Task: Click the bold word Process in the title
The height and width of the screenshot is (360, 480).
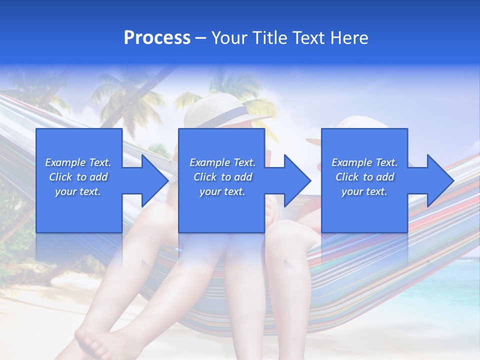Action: pyautogui.click(x=157, y=38)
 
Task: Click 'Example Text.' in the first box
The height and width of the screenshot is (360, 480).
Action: pyautogui.click(x=78, y=162)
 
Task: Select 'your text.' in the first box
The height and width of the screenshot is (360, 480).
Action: pyautogui.click(x=78, y=191)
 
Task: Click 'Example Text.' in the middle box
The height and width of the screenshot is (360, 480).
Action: pyautogui.click(x=222, y=162)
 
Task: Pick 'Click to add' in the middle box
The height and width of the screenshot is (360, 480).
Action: pyautogui.click(x=222, y=177)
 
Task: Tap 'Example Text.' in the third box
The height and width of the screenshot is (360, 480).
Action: pyautogui.click(x=364, y=162)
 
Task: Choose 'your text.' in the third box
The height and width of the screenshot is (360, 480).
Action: pyautogui.click(x=364, y=191)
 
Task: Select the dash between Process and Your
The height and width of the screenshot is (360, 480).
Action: pyautogui.click(x=200, y=38)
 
